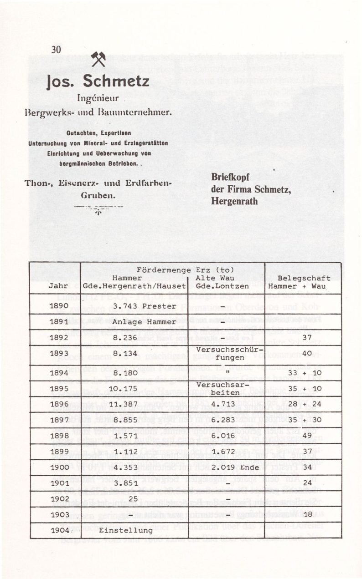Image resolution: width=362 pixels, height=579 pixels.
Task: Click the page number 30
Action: [x=56, y=50]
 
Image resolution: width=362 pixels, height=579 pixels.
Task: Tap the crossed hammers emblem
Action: [x=98, y=60]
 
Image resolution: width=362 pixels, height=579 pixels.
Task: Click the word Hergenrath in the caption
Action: [x=234, y=201]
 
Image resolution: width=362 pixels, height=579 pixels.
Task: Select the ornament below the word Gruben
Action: [x=98, y=210]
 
